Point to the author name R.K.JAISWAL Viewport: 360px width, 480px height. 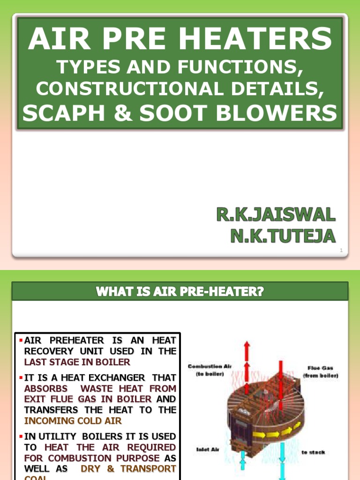tap(276, 216)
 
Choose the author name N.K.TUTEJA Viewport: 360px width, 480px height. tap(283, 236)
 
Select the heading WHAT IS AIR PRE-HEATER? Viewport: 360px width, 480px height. tap(180, 292)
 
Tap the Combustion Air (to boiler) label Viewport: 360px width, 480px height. tap(210, 370)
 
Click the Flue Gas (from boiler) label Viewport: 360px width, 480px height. tap(321, 372)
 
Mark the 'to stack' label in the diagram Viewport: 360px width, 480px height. tap(313, 452)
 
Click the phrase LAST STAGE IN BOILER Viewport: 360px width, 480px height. tap(77, 362)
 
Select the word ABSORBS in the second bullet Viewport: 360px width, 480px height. tap(46, 388)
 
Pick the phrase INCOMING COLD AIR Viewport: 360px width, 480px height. tap(73, 420)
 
